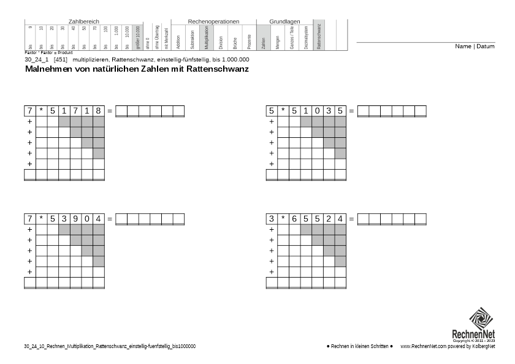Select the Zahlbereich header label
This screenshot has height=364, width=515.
click(84, 21)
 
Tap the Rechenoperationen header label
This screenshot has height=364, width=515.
click(213, 21)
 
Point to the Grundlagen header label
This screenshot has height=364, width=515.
click(284, 21)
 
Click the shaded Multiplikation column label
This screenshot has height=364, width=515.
click(207, 38)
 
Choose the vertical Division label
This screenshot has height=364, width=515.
click(221, 41)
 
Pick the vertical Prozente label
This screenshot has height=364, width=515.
click(250, 41)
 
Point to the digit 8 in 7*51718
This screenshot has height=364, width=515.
click(99, 111)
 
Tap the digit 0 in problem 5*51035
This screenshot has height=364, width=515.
click(318, 111)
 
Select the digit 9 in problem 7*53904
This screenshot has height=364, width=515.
click(75, 219)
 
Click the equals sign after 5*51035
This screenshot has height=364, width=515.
click(351, 111)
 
